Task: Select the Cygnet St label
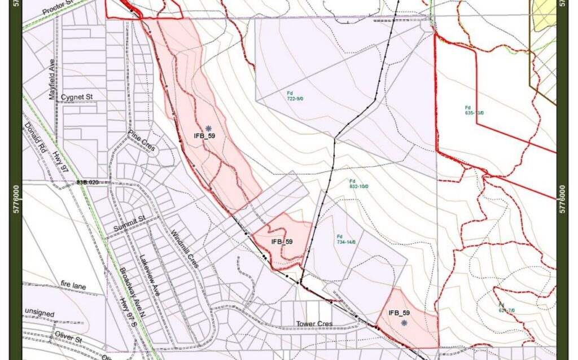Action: coord(77,97)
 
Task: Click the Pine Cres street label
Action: coord(141,140)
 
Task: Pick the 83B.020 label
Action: coord(87,182)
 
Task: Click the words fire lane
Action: coord(73,287)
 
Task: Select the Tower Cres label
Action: coord(314,324)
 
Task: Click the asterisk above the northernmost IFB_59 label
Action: coord(208,128)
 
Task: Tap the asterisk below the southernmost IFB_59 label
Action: coord(404,323)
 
